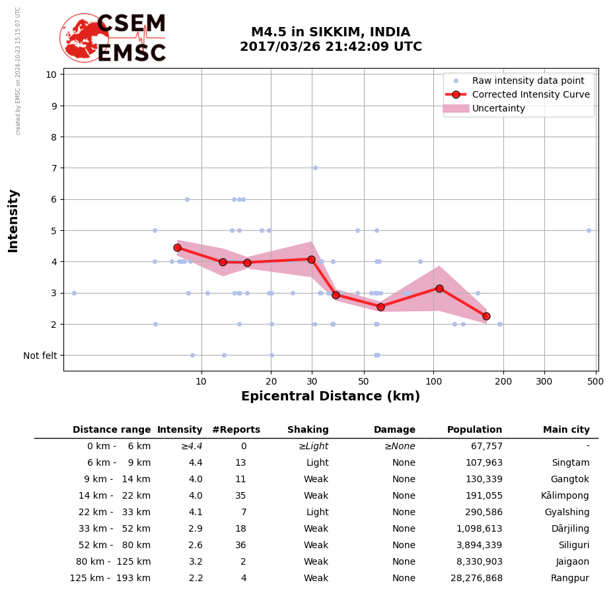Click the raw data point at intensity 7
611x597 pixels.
pyautogui.click(x=315, y=168)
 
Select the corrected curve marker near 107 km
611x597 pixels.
pyautogui.click(x=439, y=288)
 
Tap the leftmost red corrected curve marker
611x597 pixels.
pyautogui.click(x=177, y=247)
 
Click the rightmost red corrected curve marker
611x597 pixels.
pyautogui.click(x=486, y=316)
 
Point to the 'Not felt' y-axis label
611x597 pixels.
pyautogui.click(x=40, y=356)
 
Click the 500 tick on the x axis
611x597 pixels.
pyautogui.click(x=595, y=381)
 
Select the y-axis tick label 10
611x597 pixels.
pyautogui.click(x=51, y=74)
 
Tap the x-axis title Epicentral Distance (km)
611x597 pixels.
pyautogui.click(x=330, y=396)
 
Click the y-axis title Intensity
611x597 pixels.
pyautogui.click(x=13, y=220)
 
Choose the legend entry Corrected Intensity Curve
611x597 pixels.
pyautogui.click(x=530, y=94)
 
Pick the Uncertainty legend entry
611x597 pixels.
pyautogui.click(x=498, y=108)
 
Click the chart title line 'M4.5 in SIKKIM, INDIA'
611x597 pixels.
pyautogui.click(x=330, y=32)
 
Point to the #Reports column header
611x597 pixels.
pyautogui.click(x=236, y=430)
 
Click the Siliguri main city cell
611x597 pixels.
pyautogui.click(x=571, y=546)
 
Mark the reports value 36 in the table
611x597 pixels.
pyautogui.click(x=240, y=546)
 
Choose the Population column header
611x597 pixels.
pyautogui.click(x=474, y=430)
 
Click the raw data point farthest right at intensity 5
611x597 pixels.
pyautogui.click(x=589, y=230)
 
